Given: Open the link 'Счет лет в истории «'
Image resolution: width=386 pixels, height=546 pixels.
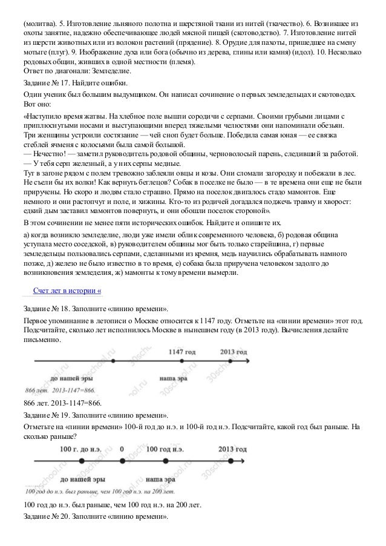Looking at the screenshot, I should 67,291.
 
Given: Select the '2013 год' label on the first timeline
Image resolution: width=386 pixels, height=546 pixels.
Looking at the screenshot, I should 234,352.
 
